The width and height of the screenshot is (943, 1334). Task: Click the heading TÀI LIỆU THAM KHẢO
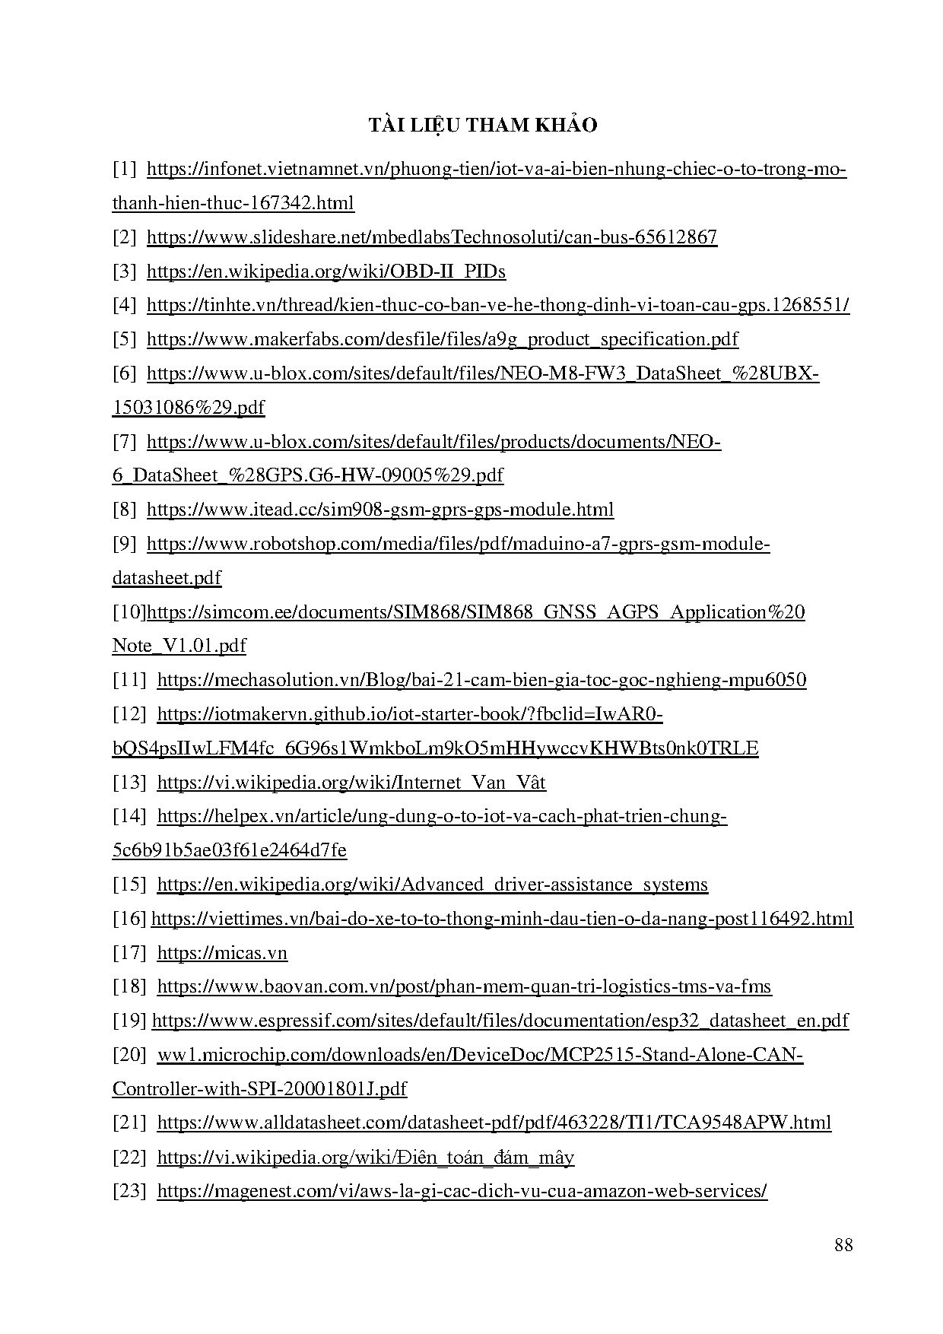(483, 125)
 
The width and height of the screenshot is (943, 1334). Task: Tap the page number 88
(843, 1245)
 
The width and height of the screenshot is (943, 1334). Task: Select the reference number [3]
(125, 272)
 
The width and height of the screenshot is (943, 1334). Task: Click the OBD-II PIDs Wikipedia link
(325, 272)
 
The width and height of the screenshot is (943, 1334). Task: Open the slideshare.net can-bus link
(431, 237)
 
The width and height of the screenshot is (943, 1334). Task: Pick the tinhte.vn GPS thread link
(497, 306)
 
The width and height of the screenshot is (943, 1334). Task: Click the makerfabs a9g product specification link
(442, 339)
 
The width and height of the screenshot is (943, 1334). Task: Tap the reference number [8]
(125, 510)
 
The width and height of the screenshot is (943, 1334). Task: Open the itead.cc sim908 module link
(379, 510)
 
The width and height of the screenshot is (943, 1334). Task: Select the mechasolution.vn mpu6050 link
(481, 680)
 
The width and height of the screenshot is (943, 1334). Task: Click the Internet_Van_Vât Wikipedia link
(351, 783)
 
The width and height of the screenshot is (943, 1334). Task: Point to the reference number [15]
(129, 885)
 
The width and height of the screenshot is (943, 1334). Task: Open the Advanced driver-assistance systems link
(432, 885)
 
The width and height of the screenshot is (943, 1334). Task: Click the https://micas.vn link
(222, 953)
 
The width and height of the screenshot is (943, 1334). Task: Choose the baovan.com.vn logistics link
(464, 987)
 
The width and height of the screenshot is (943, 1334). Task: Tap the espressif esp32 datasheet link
(500, 1021)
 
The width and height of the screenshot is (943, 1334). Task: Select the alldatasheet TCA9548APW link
(494, 1123)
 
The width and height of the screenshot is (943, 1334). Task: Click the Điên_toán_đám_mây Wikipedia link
(365, 1158)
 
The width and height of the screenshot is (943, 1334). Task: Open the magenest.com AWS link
(462, 1191)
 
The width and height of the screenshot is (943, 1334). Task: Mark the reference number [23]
(129, 1191)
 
